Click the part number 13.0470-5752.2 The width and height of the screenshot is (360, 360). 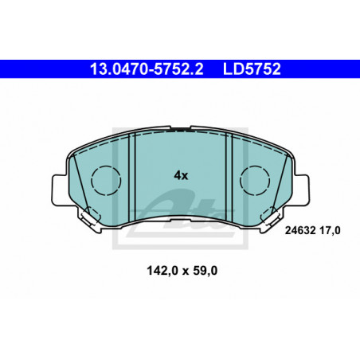[147, 69]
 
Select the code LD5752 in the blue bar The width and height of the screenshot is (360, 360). [252, 69]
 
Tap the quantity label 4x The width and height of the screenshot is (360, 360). [181, 175]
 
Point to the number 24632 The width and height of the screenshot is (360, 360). [300, 230]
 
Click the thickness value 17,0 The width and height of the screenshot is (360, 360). [330, 230]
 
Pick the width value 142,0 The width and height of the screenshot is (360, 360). [162, 271]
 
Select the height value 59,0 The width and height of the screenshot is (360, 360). [205, 271]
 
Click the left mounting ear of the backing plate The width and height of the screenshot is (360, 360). [58, 190]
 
